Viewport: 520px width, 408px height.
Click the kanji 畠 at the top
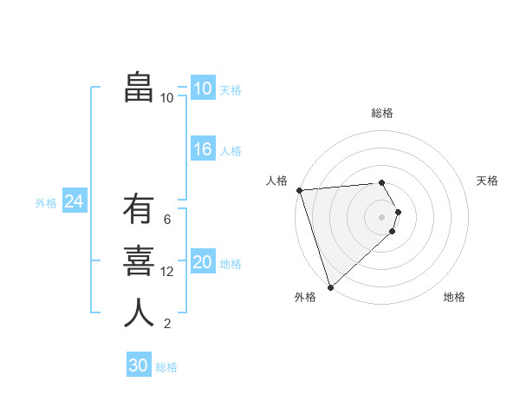139,88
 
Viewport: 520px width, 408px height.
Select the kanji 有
139,211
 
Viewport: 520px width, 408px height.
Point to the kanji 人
139,313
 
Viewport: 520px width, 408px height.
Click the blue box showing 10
202,89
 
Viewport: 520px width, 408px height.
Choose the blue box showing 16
202,149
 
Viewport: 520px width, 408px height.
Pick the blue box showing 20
202,262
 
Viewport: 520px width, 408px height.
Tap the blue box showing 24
74,201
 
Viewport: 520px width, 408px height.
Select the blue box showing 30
138,365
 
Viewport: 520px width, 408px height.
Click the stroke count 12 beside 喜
167,272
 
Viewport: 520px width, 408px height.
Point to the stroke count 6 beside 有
166,220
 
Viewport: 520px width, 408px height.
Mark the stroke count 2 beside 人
166,324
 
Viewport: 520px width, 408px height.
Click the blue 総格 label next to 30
166,367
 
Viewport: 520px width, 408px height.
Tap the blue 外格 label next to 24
46,203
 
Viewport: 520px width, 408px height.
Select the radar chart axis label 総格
382,113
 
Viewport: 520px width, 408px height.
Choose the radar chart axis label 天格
487,181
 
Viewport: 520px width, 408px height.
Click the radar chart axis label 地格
454,297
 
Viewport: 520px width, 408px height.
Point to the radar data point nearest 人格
299,190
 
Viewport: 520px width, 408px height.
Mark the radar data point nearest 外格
330,286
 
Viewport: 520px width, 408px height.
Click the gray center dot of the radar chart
382,216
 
